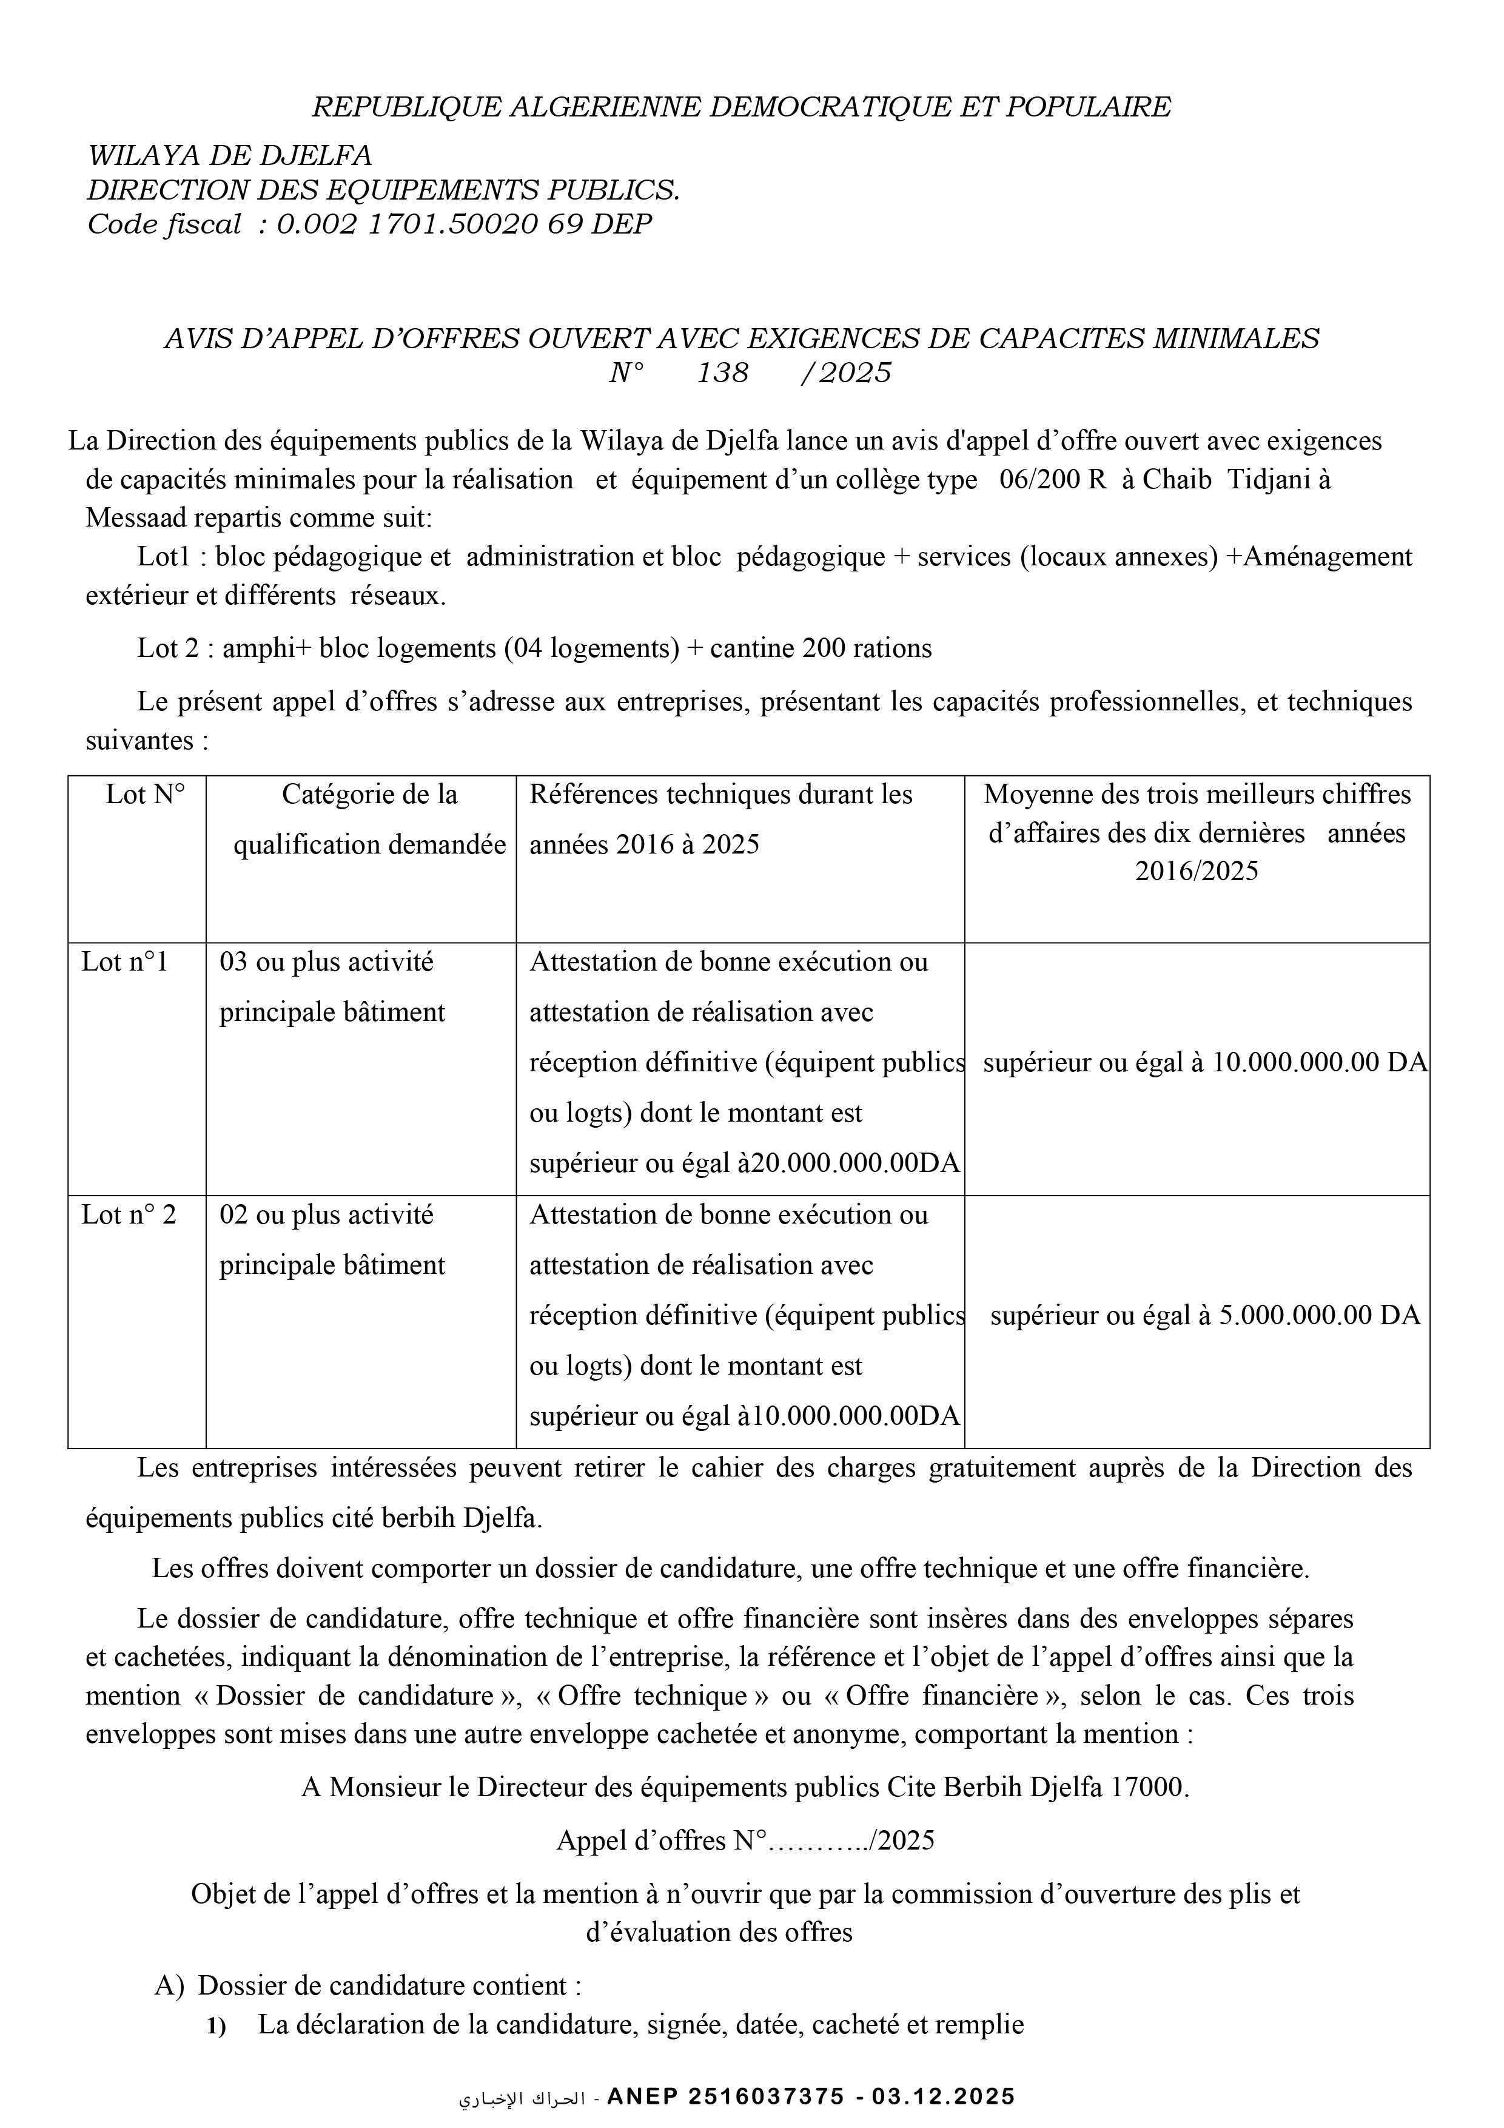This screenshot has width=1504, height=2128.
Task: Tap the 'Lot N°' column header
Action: (146, 794)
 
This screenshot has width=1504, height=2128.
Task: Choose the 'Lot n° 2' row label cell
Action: (128, 1214)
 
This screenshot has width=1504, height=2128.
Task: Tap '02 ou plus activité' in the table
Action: (326, 1214)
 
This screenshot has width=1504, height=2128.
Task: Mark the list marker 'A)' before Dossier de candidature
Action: (170, 1985)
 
